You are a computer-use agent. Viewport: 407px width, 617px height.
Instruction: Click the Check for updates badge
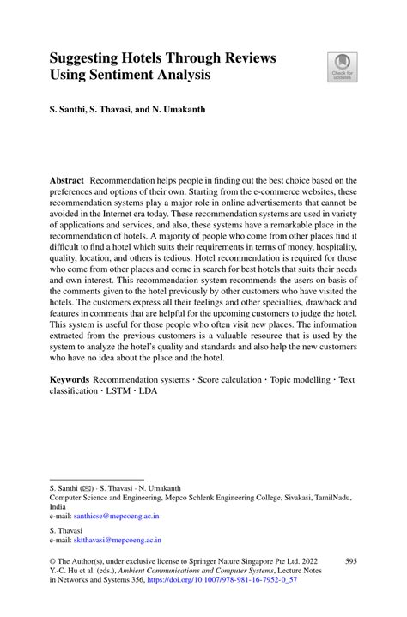click(x=342, y=67)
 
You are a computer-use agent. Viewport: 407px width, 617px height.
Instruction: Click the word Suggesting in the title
click(x=90, y=58)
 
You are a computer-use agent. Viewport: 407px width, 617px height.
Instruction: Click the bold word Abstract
click(x=67, y=181)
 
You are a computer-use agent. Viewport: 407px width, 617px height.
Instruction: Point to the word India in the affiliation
click(x=58, y=506)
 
